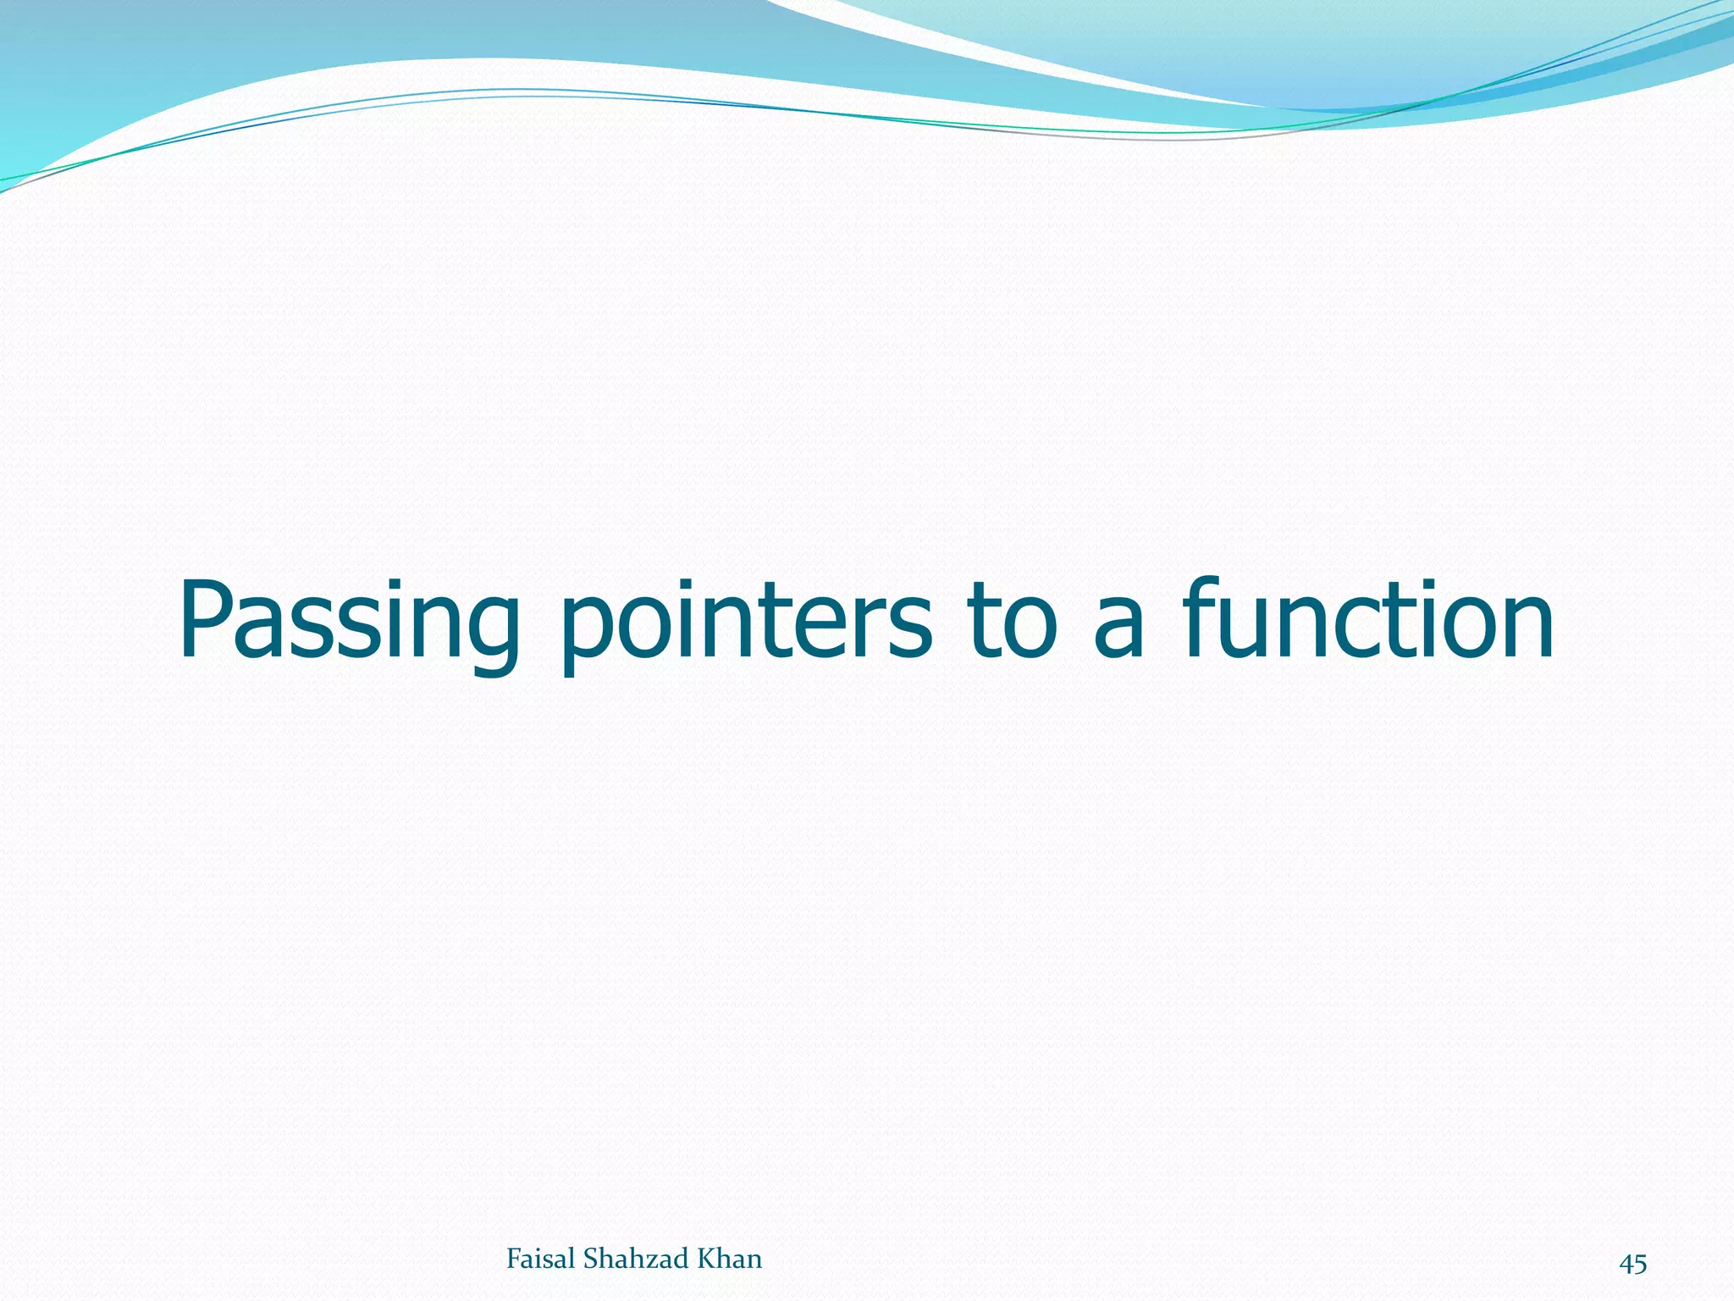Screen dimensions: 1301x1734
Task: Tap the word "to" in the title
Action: point(1017,623)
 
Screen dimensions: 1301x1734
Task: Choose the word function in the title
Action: point(1367,623)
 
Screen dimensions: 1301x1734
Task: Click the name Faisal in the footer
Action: point(542,1259)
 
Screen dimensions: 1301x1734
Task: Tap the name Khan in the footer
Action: point(729,1259)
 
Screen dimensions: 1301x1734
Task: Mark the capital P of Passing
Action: point(203,620)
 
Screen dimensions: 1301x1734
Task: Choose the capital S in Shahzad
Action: point(591,1259)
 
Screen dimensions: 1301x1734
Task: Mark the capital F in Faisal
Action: point(513,1259)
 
